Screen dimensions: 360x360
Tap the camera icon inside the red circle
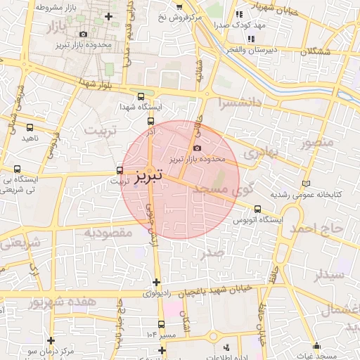point(196,148)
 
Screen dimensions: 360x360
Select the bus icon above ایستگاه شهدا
point(141,96)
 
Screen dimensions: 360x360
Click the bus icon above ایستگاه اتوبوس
point(257,209)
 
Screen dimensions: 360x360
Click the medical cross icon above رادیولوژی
point(156,282)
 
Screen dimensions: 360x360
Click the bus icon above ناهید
point(30,127)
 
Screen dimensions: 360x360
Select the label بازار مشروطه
point(38,8)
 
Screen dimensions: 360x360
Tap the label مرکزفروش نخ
point(179,15)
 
